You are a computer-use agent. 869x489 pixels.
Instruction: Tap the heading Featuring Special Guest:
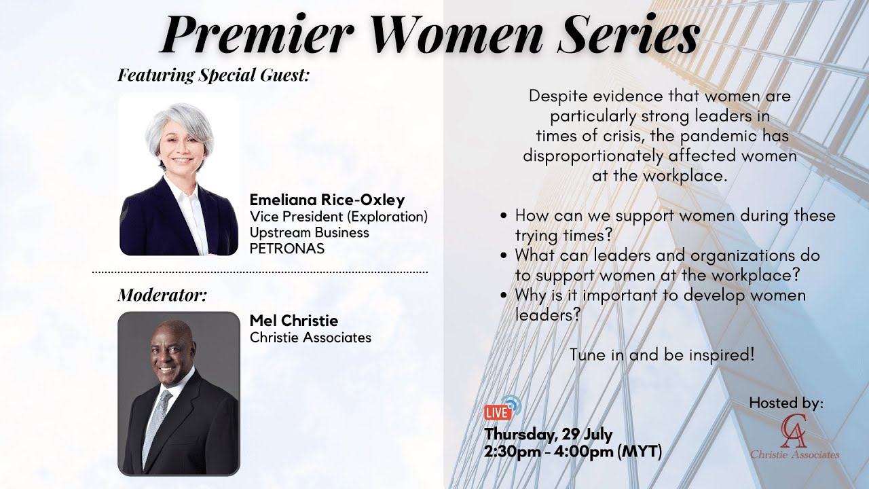tap(213, 75)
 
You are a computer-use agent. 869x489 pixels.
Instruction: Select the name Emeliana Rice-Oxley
tap(327, 200)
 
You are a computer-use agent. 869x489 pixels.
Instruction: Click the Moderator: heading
tap(162, 295)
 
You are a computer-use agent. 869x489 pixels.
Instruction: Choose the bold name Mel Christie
tap(293, 321)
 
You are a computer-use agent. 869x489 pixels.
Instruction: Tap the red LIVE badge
tap(497, 412)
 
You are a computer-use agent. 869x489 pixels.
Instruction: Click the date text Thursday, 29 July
tap(549, 434)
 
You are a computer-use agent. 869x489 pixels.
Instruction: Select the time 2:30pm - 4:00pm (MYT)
tap(573, 451)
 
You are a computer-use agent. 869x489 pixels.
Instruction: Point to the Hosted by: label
tap(786, 403)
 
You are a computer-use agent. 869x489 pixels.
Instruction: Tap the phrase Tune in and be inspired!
tap(662, 355)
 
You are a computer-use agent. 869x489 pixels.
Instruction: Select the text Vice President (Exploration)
tap(338, 217)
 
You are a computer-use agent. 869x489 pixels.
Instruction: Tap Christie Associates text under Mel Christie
tap(310, 338)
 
